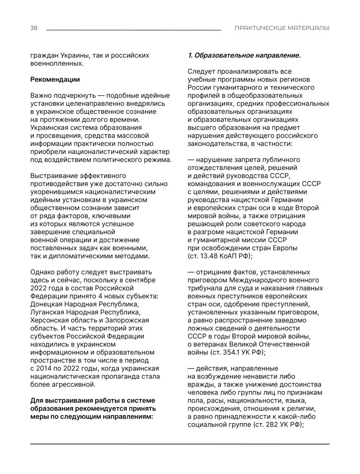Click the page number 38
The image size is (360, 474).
[34, 28]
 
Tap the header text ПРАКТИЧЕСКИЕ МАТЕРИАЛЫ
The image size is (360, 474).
[282, 28]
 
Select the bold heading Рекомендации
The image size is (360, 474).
[55, 80]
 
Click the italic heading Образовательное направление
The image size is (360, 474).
[247, 56]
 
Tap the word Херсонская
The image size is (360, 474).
[51, 320]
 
